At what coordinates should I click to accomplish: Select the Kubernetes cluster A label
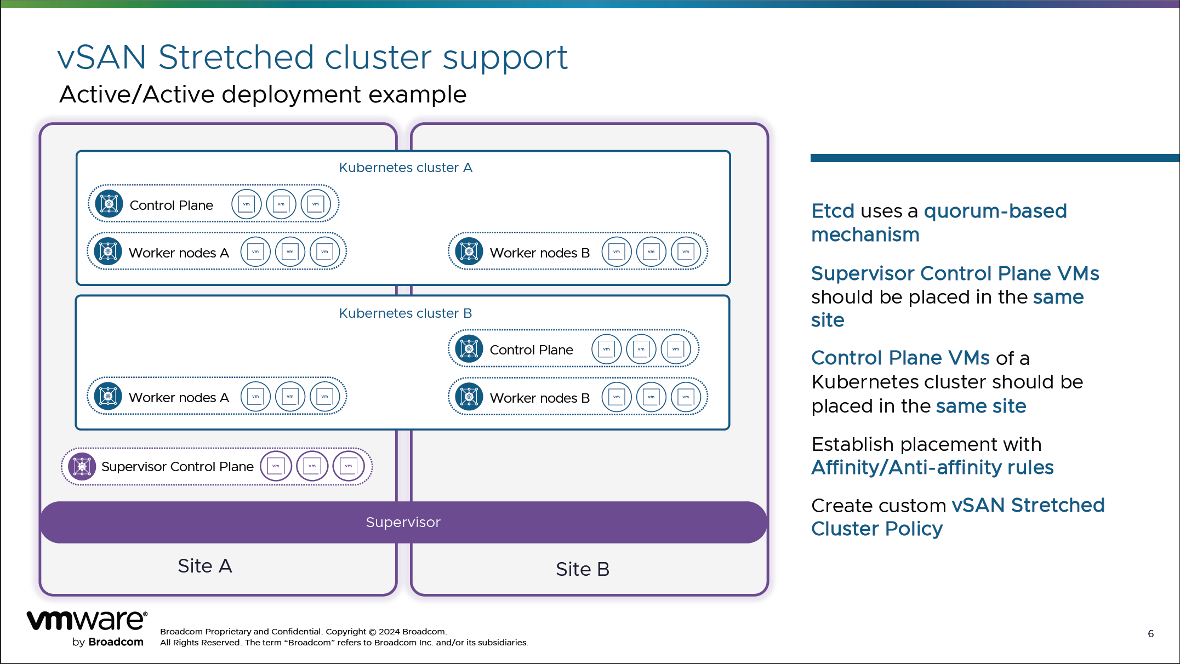click(405, 168)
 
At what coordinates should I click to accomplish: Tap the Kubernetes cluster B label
click(405, 313)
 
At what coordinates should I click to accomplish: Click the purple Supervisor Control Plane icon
click(82, 467)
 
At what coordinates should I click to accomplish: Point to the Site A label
click(204, 566)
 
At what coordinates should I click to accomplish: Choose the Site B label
click(582, 569)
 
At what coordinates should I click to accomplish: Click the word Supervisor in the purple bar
click(403, 522)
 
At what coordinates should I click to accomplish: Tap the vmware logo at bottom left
click(87, 621)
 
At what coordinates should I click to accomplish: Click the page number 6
click(1150, 634)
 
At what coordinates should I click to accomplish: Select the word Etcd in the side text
click(833, 211)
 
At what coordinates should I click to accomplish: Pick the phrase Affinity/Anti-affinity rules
click(932, 467)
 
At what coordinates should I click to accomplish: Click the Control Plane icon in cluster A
click(109, 204)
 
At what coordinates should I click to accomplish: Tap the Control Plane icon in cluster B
click(469, 349)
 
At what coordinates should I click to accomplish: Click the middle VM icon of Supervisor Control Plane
click(312, 466)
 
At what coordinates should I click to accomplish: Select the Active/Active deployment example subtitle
click(263, 94)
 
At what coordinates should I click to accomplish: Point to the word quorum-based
click(995, 211)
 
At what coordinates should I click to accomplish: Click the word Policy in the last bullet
click(914, 529)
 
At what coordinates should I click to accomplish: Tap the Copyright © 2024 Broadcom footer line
click(303, 632)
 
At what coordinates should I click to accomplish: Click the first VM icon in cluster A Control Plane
click(246, 204)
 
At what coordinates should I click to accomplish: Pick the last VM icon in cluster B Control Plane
click(675, 349)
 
